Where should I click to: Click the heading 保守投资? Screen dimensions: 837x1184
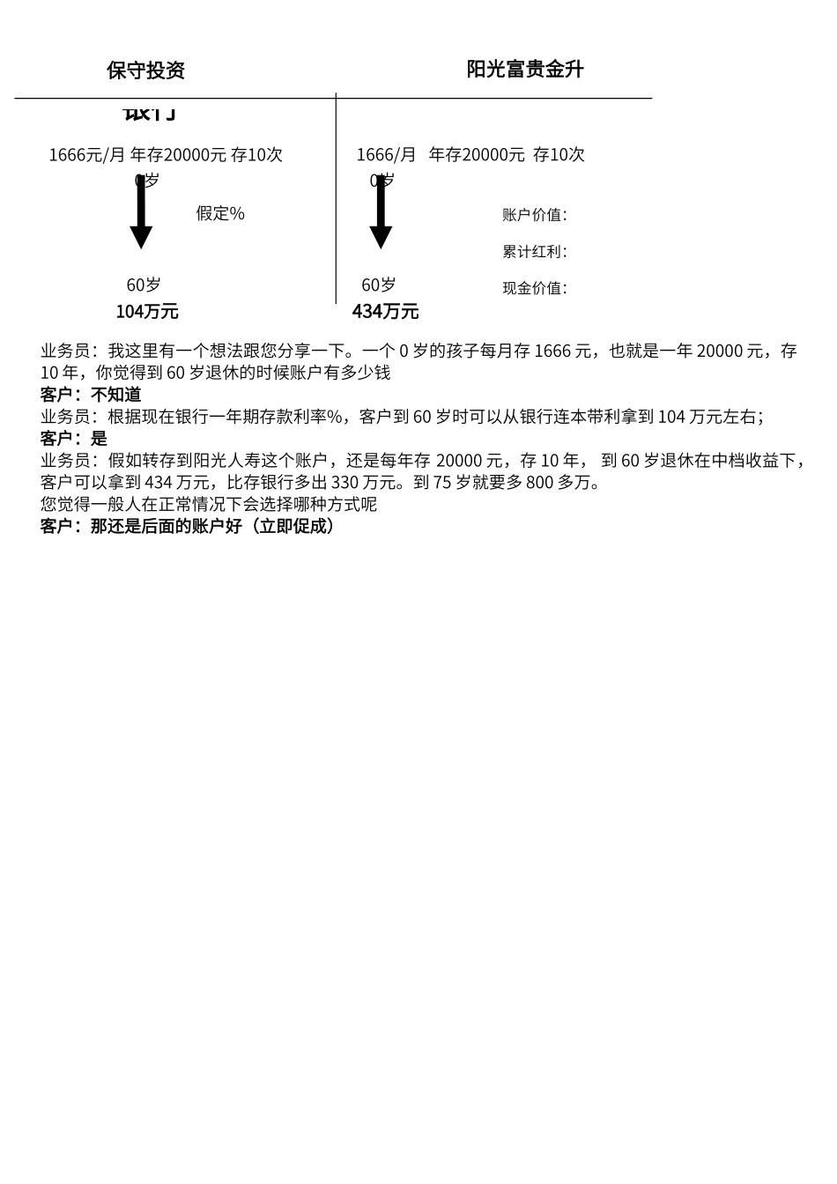tap(145, 70)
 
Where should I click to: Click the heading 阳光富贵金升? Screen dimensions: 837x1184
tap(525, 70)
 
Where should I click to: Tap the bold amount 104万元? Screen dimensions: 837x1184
tap(147, 312)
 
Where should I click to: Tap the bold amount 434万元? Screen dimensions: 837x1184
tap(385, 312)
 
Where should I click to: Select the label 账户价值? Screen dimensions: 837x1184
tap(535, 215)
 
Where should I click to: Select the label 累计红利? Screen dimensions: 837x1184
tap(535, 252)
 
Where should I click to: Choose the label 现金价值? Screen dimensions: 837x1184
tap(535, 288)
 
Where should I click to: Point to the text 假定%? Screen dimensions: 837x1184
tap(220, 213)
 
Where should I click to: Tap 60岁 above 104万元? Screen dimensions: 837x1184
tap(144, 285)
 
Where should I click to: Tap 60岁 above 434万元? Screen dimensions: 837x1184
tap(379, 285)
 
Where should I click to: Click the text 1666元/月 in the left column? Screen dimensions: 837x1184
tap(87, 155)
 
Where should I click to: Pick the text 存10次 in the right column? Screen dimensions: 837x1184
tap(559, 155)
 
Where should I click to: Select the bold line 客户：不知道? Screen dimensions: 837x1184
tap(91, 395)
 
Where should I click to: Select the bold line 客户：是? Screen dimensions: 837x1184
tap(74, 439)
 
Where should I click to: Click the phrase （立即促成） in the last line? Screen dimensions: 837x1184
tap(292, 527)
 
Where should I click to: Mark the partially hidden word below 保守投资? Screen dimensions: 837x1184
tap(150, 112)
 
